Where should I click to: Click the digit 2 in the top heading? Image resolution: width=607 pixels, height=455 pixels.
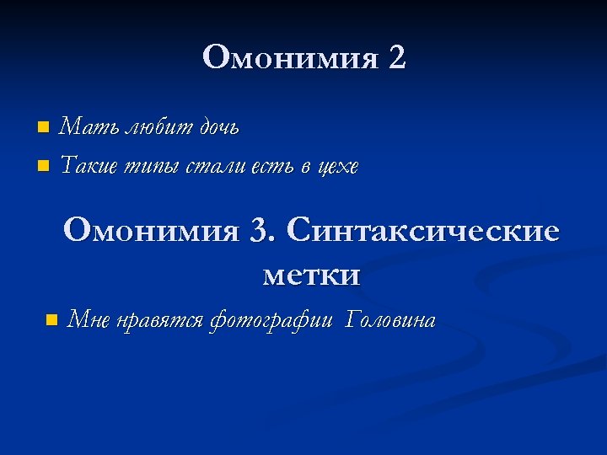(x=396, y=57)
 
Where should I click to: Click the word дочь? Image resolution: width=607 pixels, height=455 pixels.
(x=218, y=127)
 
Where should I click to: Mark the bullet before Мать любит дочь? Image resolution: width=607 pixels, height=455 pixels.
(x=43, y=127)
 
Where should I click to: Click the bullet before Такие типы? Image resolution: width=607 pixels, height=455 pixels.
(x=43, y=165)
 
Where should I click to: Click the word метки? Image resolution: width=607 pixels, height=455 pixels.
(x=311, y=275)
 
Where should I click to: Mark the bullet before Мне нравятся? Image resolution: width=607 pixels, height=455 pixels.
(x=51, y=320)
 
